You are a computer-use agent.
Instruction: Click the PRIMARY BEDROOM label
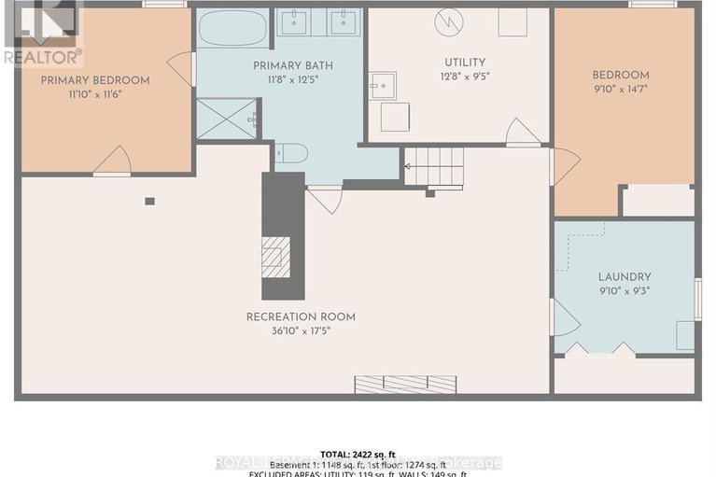coord(94,80)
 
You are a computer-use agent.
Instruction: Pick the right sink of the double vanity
coord(344,21)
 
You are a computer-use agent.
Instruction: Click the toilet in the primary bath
coord(290,153)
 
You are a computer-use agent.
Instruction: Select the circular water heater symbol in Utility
coord(448,21)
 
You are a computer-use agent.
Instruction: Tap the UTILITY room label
coord(464,63)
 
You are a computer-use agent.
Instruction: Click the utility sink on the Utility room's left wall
coord(382,85)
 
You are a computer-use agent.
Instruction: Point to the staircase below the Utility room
coord(434,167)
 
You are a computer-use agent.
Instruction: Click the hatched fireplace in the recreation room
coord(275,257)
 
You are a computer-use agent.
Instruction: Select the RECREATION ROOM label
coord(301,316)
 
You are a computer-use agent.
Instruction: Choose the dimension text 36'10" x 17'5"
coord(301,330)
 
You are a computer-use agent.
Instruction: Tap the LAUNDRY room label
coord(625,276)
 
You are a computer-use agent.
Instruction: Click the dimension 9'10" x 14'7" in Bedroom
coord(621,89)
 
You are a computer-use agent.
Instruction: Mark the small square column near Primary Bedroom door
coord(149,201)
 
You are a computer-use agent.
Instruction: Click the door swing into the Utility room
coord(523,133)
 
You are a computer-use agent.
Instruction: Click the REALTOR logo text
coord(42,56)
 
